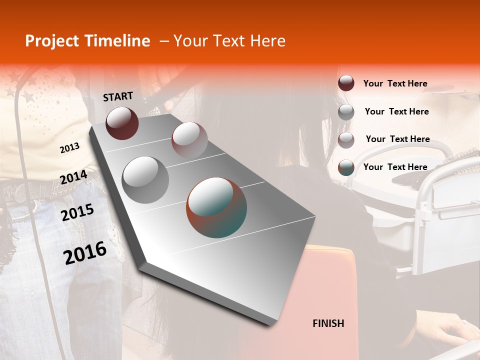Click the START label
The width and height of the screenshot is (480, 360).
(x=118, y=96)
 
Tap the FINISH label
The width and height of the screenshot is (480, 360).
(x=328, y=323)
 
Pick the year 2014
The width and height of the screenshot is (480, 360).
(x=73, y=177)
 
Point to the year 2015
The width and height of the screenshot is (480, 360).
(x=77, y=212)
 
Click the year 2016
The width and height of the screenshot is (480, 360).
(x=85, y=253)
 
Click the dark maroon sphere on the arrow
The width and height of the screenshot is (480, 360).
(x=122, y=123)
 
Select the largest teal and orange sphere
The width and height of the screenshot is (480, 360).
(x=216, y=207)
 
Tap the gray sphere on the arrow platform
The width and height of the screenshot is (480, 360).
(x=145, y=179)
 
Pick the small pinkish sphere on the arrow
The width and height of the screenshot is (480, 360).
(x=189, y=139)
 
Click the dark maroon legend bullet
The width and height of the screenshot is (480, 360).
(x=346, y=83)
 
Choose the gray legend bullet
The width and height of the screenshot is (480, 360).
(x=346, y=112)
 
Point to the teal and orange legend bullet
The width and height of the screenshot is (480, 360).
(x=346, y=167)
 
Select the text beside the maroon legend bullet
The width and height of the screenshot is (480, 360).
(x=395, y=83)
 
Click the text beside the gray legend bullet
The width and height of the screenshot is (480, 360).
(x=396, y=111)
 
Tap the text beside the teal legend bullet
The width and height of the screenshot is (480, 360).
(x=395, y=167)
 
